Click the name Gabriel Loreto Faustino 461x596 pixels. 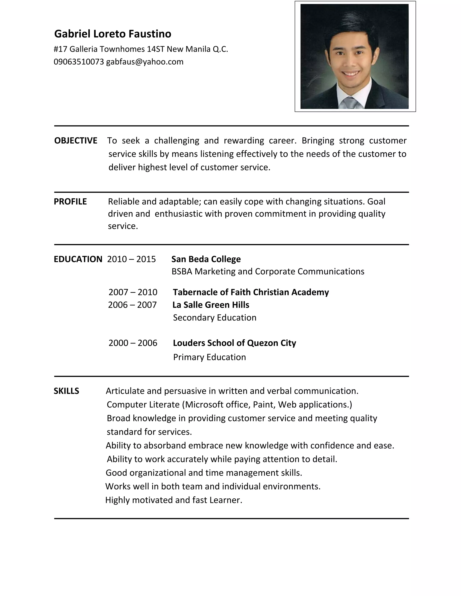(x=113, y=34)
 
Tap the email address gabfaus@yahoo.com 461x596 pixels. (x=145, y=62)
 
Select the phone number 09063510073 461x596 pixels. (x=79, y=62)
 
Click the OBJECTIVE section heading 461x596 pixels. (x=76, y=141)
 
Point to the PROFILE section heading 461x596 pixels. (x=70, y=202)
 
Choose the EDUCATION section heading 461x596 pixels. (x=78, y=259)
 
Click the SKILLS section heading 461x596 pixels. (x=66, y=391)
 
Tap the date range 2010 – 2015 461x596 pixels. (x=131, y=259)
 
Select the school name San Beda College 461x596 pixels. (x=206, y=259)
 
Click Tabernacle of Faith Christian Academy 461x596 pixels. (x=251, y=292)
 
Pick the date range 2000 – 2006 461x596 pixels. (x=133, y=343)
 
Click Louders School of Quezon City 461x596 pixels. (x=234, y=343)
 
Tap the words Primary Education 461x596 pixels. (x=210, y=357)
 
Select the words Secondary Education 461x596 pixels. (x=215, y=318)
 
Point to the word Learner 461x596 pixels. (x=226, y=500)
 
